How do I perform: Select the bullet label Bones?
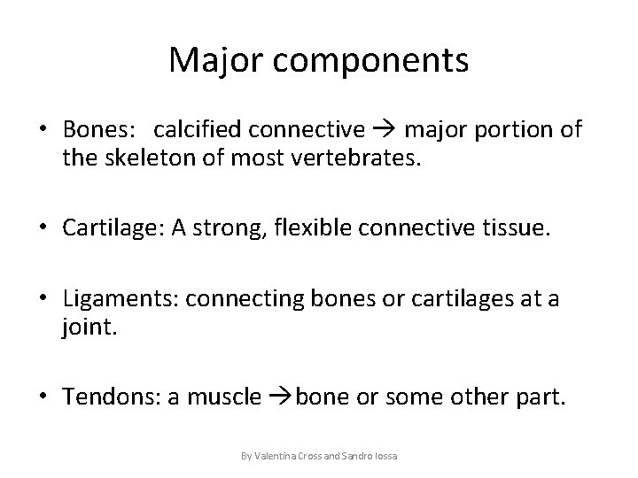(x=98, y=130)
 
